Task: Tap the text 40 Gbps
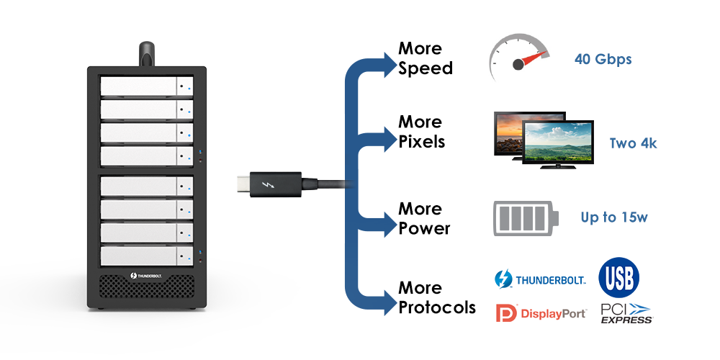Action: [x=603, y=59]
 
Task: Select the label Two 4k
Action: [x=633, y=143]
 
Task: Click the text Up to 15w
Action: [x=611, y=217]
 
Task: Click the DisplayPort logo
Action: [x=541, y=313]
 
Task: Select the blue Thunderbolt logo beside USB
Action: [x=541, y=279]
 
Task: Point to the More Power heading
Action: [x=424, y=218]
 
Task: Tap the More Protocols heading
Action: [x=436, y=297]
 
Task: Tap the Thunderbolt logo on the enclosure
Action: [x=147, y=276]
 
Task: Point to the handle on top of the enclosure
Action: [x=148, y=53]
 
